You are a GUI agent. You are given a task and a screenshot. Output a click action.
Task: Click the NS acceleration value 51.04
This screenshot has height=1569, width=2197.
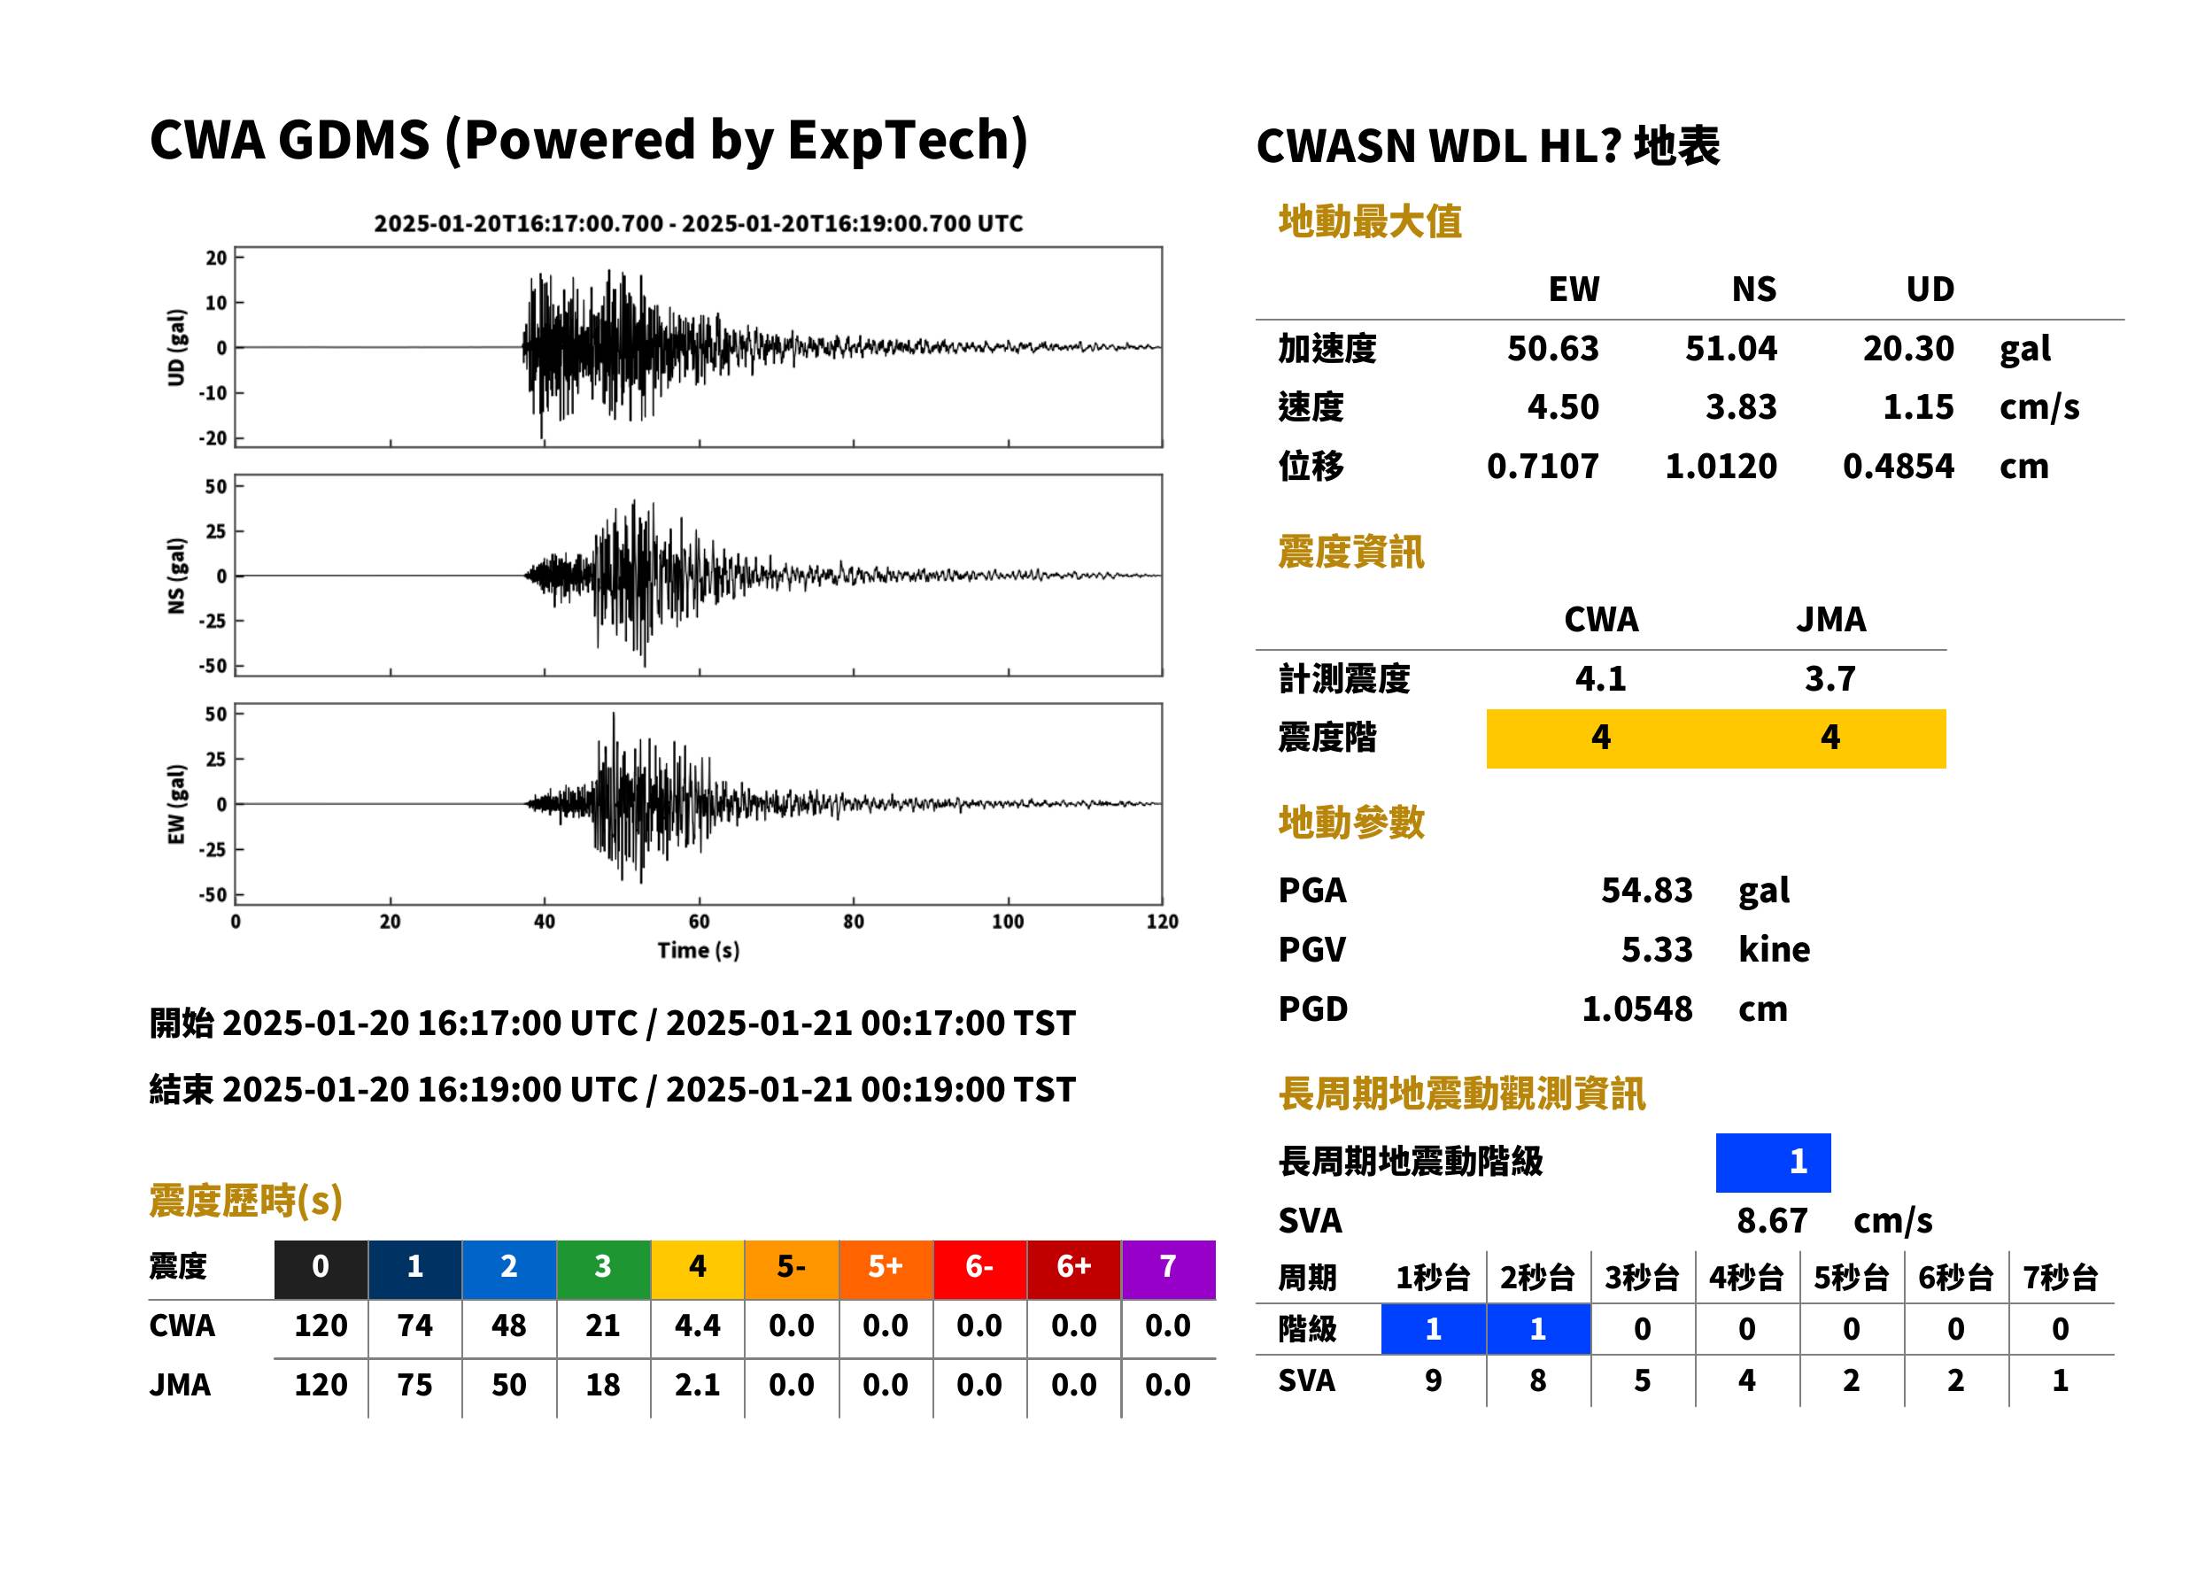[x=1730, y=349]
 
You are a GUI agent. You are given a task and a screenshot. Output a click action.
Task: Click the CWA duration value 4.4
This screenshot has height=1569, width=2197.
[x=698, y=1326]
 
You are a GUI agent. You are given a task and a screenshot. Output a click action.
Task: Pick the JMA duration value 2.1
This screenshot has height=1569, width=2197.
[x=698, y=1385]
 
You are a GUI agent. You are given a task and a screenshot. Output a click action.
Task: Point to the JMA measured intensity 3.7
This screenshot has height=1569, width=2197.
[x=1830, y=678]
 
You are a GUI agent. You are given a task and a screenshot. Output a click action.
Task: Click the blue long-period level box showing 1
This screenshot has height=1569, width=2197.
[x=1773, y=1163]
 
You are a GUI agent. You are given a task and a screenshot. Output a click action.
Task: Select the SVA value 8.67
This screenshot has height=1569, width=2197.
[x=1772, y=1221]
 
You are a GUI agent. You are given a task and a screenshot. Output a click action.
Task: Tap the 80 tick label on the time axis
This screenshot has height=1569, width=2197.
[x=853, y=922]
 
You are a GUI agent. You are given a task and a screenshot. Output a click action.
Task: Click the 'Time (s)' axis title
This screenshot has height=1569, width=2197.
[x=699, y=951]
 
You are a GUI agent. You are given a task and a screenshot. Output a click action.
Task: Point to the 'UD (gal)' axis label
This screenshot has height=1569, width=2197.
[x=176, y=348]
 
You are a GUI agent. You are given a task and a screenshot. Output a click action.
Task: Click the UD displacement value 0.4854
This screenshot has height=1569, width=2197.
[x=1899, y=467]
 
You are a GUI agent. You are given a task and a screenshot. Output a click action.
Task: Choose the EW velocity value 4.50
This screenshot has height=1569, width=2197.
[x=1563, y=407]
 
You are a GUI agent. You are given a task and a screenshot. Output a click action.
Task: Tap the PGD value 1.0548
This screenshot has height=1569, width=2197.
[x=1636, y=1009]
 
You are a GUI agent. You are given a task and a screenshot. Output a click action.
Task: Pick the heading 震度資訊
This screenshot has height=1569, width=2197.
[x=1350, y=552]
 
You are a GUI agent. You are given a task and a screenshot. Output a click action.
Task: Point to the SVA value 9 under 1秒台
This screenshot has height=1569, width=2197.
[x=1433, y=1380]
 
